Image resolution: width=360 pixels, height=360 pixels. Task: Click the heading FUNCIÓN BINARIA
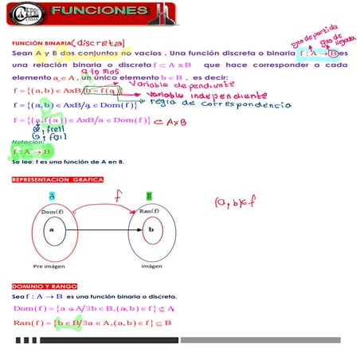pyautogui.click(x=41, y=43)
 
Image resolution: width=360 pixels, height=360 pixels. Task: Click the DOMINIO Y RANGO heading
pyautogui.click(x=44, y=285)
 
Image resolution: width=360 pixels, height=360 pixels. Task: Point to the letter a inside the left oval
pyautogui.click(x=51, y=229)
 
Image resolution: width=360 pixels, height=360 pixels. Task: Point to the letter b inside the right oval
pyautogui.click(x=151, y=229)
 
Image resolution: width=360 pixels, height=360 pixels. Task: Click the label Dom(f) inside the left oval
pyautogui.click(x=52, y=211)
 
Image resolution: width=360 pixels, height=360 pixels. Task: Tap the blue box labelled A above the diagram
pyautogui.click(x=52, y=195)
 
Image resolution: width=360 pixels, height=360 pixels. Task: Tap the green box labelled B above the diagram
pyautogui.click(x=149, y=195)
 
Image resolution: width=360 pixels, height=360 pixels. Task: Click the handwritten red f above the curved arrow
pyautogui.click(x=118, y=194)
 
